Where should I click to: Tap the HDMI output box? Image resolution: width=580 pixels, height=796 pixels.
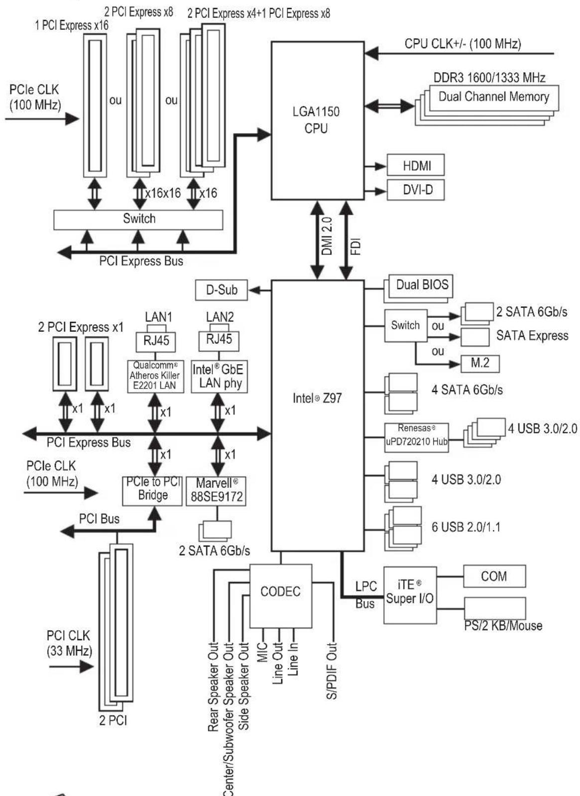pos(415,165)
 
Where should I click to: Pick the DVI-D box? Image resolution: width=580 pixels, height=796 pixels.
pos(415,190)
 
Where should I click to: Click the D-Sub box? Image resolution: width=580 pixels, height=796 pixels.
pos(221,290)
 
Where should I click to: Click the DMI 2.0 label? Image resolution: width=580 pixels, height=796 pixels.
pos(327,236)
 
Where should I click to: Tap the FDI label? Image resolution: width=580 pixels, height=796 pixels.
pos(355,246)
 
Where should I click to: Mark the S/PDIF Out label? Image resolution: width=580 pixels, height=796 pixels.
pos(332,671)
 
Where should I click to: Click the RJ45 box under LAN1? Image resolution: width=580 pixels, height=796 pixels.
pos(155,341)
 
